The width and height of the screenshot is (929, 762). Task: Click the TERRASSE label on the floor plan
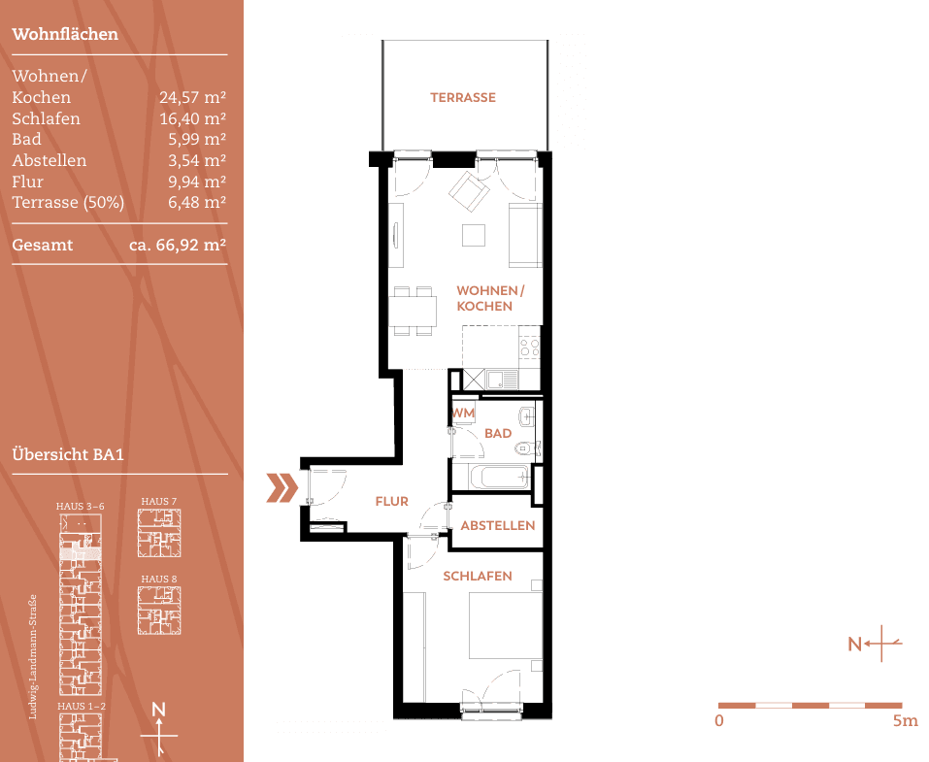point(463,97)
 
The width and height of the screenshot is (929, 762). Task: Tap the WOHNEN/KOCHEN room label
point(489,298)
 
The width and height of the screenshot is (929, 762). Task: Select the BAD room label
point(497,433)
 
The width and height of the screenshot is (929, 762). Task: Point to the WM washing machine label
point(463,413)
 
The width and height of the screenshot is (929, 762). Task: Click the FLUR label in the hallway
point(391,502)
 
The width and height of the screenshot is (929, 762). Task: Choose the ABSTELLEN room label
point(497,525)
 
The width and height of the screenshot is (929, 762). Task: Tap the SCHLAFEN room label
point(477,577)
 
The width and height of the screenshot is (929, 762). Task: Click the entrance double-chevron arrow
point(282,488)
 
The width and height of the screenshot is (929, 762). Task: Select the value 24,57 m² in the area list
point(192,97)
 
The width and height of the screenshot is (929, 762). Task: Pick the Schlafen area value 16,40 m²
point(192,118)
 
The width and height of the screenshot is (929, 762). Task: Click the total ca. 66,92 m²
point(178,246)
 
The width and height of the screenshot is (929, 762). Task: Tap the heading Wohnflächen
point(65,34)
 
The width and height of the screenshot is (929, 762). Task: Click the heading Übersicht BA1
point(69,454)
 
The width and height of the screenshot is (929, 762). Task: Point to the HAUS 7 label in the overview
point(159,501)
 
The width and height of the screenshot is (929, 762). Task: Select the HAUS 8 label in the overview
point(159,579)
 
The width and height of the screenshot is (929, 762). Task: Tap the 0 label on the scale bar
point(718,721)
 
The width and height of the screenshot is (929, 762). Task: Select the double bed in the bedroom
point(505,626)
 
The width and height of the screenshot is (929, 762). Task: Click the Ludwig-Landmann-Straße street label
point(33,656)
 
